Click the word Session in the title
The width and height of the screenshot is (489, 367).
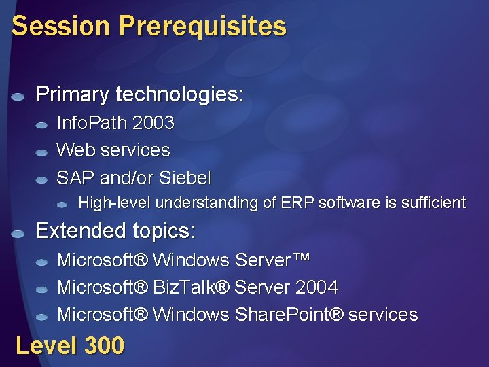[x=60, y=27]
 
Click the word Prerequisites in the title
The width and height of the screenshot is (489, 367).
[x=202, y=27]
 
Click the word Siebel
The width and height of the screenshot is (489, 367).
[x=185, y=178]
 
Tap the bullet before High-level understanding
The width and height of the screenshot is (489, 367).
[x=62, y=204]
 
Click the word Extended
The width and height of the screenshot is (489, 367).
[x=74, y=231]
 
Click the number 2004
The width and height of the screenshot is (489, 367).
[x=316, y=287]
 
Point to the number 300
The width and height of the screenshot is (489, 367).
[x=105, y=346]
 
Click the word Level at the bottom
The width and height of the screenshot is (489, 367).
[x=46, y=346]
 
